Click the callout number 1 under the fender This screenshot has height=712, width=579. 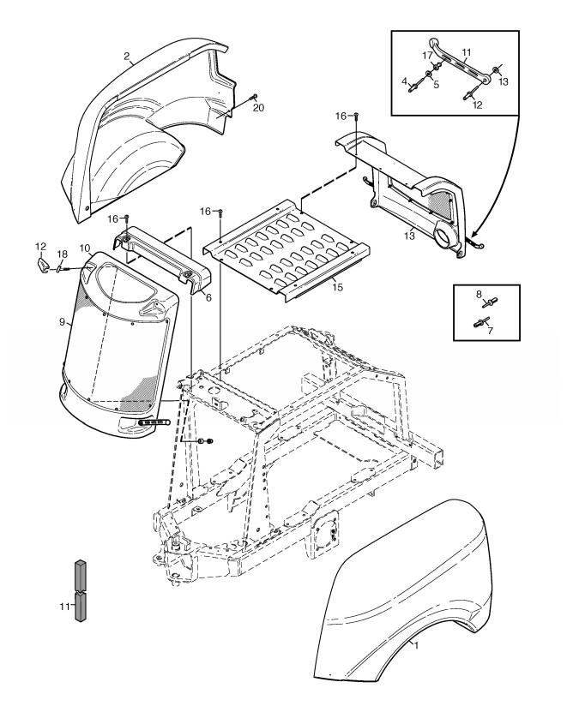(415, 643)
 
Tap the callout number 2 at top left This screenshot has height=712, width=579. (127, 57)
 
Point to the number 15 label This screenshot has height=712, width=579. (338, 289)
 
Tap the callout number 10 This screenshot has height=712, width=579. (85, 248)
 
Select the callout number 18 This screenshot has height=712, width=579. (61, 254)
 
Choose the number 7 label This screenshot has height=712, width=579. (490, 330)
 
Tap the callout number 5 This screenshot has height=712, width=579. (435, 84)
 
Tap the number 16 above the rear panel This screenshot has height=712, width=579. (341, 115)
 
